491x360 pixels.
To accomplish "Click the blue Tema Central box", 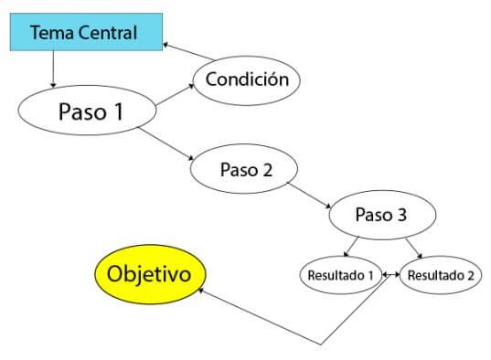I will (83, 34).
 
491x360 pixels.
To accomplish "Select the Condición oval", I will (246, 79).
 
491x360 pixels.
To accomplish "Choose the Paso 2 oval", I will (245, 170).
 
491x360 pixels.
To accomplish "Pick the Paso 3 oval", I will (379, 217).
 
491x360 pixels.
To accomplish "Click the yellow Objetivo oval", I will (151, 274).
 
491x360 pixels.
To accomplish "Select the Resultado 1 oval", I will (339, 274).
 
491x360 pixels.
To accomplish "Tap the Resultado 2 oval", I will (441, 274).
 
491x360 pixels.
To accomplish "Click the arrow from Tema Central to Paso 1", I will (54, 68).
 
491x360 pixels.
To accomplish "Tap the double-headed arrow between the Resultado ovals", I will (390, 274).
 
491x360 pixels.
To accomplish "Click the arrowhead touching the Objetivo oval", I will (203, 291).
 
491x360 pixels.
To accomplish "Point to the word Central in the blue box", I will (107, 34).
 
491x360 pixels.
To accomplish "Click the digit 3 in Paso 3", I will (401, 217).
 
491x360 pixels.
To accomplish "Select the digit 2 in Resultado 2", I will (470, 274).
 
